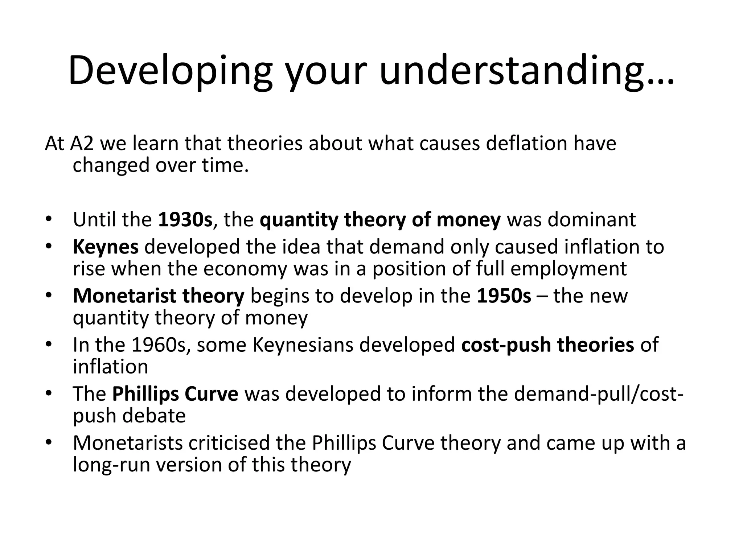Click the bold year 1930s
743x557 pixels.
pyautogui.click(x=185, y=220)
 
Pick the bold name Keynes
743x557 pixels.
pyautogui.click(x=106, y=247)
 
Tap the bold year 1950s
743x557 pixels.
pyautogui.click(x=504, y=296)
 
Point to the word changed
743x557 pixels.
pyautogui.click(x=111, y=166)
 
